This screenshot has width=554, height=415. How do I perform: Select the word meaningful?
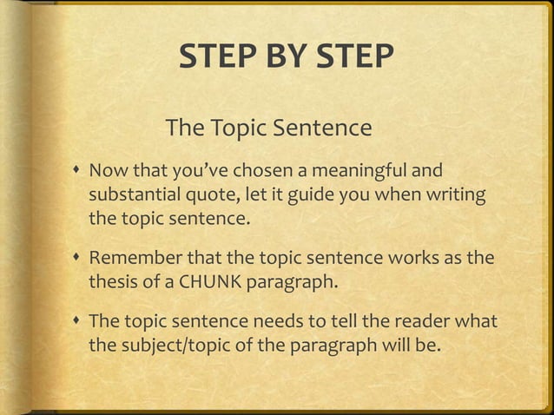click(x=367, y=168)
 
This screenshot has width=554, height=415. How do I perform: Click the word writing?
click(x=452, y=192)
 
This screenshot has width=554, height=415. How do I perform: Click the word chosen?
click(x=254, y=168)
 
